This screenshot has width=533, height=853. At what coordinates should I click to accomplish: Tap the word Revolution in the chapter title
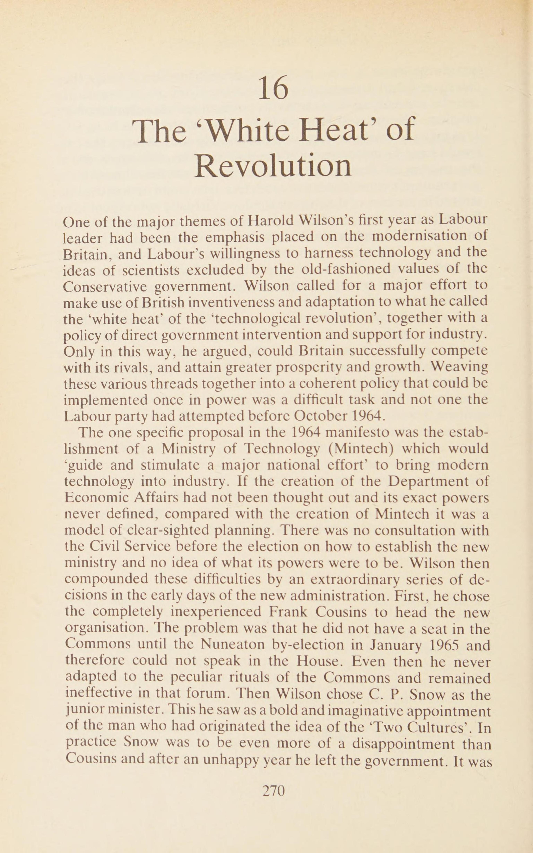[273, 166]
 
